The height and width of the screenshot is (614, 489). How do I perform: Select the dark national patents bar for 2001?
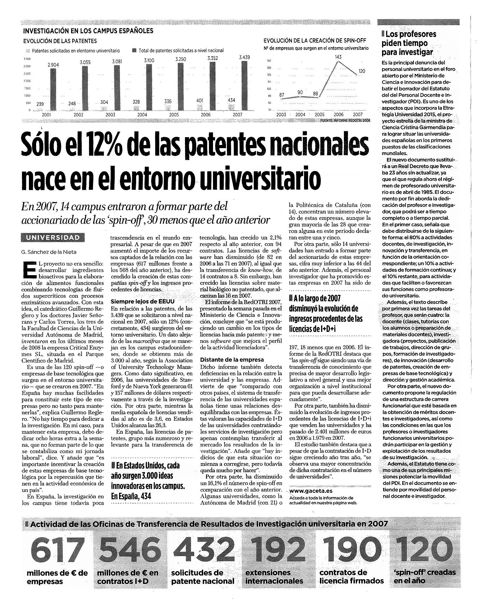(x=53, y=90)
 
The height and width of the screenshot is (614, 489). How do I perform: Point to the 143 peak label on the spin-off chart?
(x=338, y=57)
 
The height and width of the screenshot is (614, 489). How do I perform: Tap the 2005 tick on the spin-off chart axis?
(x=319, y=115)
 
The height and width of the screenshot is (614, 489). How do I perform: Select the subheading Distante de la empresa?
(x=232, y=360)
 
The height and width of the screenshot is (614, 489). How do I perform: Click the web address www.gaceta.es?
(x=310, y=491)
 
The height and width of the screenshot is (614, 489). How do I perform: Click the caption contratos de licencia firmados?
(x=351, y=577)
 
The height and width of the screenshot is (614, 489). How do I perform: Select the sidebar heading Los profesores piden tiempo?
(x=408, y=43)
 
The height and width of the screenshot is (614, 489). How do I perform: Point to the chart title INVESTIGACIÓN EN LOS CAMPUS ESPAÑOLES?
(x=88, y=31)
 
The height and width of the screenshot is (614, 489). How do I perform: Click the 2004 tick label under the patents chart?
(x=142, y=115)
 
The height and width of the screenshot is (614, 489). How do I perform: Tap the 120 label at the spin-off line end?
(x=362, y=71)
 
